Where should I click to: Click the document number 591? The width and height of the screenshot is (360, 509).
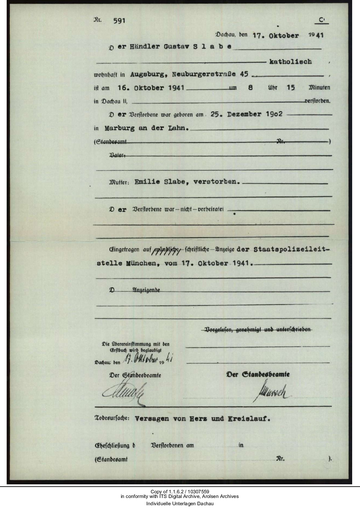tap(119, 21)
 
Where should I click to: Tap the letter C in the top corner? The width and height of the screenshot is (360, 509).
tap(321, 20)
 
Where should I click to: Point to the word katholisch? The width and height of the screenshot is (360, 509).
tap(290, 62)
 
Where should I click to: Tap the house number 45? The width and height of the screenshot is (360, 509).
tap(244, 74)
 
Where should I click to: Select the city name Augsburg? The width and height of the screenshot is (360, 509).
tap(148, 74)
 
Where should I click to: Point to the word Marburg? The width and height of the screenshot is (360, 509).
tap(120, 128)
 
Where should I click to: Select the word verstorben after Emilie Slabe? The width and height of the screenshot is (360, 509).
tap(217, 182)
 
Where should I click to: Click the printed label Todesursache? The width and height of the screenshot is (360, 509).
tap(112, 419)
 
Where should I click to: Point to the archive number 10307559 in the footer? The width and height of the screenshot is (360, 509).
tap(199, 492)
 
